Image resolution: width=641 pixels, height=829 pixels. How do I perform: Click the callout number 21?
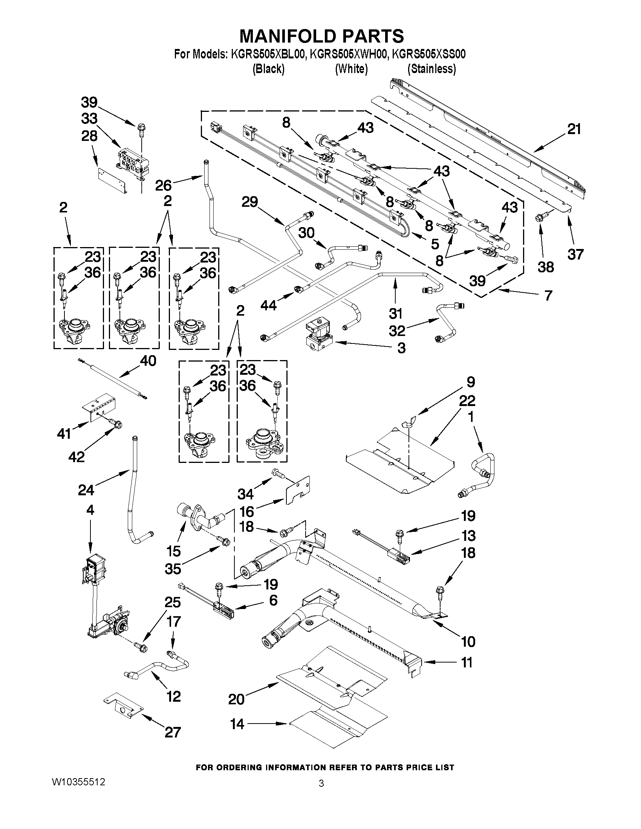pyautogui.click(x=574, y=130)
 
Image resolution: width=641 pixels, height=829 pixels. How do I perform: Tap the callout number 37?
pyautogui.click(x=575, y=254)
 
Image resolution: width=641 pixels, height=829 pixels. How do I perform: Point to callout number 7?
pyautogui.click(x=548, y=295)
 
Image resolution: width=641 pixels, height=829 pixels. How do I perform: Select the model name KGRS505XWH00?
pyautogui.click(x=349, y=55)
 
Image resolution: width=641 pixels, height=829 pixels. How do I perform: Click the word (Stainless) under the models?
pyautogui.click(x=431, y=69)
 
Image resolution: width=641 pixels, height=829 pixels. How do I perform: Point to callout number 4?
pyautogui.click(x=90, y=510)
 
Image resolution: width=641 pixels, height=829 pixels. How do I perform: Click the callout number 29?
pyautogui.click(x=249, y=202)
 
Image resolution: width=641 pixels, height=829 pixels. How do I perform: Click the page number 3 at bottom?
pyautogui.click(x=321, y=783)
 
